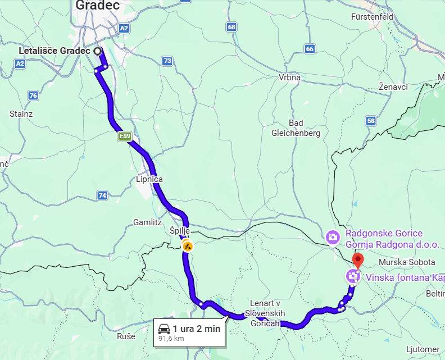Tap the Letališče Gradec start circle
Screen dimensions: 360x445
98,51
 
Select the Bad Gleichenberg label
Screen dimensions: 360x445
296,128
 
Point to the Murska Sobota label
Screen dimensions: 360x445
407,262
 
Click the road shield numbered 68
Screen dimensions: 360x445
232,26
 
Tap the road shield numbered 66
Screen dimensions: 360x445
310,49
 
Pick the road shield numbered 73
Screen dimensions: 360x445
167,61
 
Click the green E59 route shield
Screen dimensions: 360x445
124,136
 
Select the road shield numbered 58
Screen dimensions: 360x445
370,121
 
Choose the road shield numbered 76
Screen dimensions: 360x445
33,95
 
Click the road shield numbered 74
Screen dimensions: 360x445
102,195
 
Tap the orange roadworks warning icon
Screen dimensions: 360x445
187,245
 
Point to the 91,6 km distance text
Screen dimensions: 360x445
171,339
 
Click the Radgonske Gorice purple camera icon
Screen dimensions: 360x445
333,237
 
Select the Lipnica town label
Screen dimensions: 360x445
149,179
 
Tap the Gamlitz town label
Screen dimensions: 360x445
147,222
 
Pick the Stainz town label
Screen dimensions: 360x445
21,113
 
